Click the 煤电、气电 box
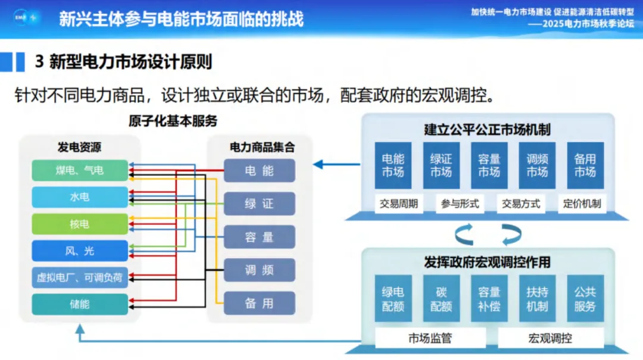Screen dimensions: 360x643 click(x=80, y=170)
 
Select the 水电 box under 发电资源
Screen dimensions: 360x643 click(x=80, y=197)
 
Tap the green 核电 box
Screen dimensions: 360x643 click(x=80, y=224)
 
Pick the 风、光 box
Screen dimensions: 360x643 click(x=80, y=251)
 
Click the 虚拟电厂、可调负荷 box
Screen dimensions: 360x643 click(x=80, y=277)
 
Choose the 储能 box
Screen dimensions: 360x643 click(x=80, y=304)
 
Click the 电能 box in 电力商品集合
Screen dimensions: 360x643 click(x=260, y=171)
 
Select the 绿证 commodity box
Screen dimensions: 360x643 click(x=260, y=204)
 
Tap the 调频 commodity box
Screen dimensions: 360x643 click(x=260, y=270)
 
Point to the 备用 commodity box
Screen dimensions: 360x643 click(x=260, y=303)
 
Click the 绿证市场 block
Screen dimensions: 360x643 click(x=441, y=165)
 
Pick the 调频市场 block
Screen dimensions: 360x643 click(x=537, y=165)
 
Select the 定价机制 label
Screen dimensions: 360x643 click(x=582, y=204)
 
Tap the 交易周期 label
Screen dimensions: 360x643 click(x=399, y=204)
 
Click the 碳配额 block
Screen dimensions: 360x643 click(x=441, y=299)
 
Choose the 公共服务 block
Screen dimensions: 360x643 click(x=585, y=299)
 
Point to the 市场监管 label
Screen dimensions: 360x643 click(x=430, y=338)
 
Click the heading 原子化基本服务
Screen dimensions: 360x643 click(x=173, y=121)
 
